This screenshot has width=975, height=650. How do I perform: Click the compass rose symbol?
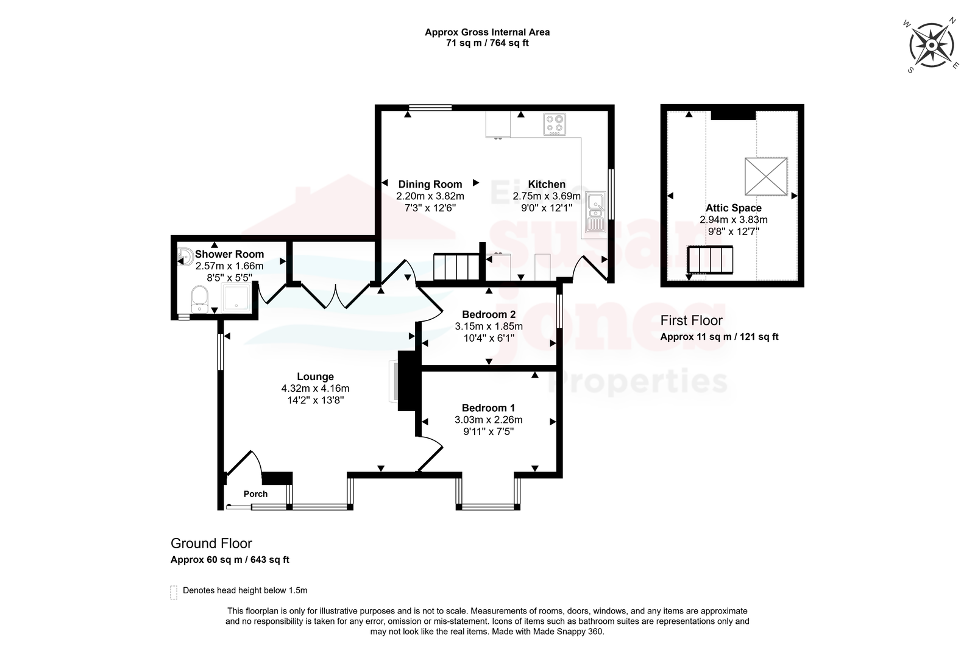pos(932,45)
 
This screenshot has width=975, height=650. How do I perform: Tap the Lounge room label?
pos(315,376)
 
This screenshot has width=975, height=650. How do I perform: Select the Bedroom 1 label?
pos(488,408)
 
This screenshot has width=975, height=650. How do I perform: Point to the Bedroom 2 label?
pos(489,314)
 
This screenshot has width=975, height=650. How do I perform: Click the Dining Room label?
pos(430,184)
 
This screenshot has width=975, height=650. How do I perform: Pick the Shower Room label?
pos(229,254)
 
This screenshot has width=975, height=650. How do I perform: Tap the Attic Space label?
pos(734,208)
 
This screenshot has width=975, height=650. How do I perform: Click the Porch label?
pos(255,494)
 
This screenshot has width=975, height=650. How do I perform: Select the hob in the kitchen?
pos(555,124)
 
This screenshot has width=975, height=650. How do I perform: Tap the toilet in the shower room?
pos(200,299)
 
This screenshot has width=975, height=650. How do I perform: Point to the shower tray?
pos(236,298)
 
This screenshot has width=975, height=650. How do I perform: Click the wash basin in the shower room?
pos(185,256)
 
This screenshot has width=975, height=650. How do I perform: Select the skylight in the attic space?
pos(765,176)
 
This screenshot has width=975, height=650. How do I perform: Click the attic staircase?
pos(710,260)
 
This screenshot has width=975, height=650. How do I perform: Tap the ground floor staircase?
pos(456,267)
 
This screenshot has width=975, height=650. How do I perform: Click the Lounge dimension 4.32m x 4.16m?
pos(315,388)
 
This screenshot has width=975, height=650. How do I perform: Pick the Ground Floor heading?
pos(211,543)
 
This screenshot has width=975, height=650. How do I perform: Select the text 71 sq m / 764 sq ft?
pos(487,43)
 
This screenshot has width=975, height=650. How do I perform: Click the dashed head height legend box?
pos(174,593)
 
